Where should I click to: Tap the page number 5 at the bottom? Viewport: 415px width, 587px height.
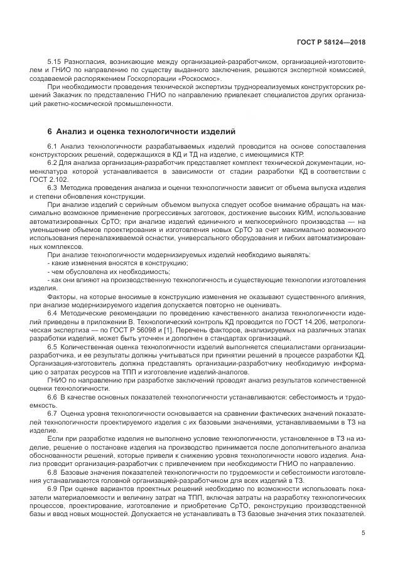[364, 533]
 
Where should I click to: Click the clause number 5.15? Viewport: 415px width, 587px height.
[55, 63]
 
